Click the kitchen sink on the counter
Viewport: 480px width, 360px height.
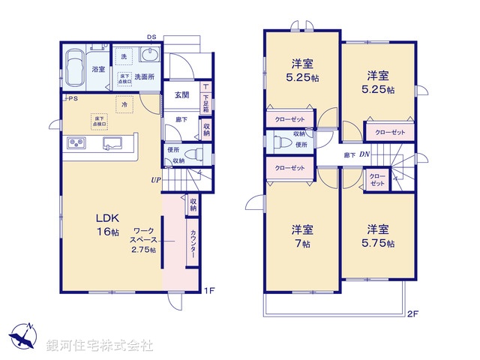click(x=112, y=143)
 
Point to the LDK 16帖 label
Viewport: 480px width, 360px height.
click(x=107, y=225)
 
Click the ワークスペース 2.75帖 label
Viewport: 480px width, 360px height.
click(x=143, y=241)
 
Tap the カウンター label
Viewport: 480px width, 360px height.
click(x=193, y=244)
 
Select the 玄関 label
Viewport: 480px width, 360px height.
click(x=181, y=95)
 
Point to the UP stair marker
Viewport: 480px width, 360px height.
click(x=155, y=180)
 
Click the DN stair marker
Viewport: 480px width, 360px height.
click(x=364, y=155)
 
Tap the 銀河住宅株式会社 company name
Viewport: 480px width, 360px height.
click(x=99, y=346)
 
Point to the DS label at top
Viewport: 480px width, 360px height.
click(x=151, y=36)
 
